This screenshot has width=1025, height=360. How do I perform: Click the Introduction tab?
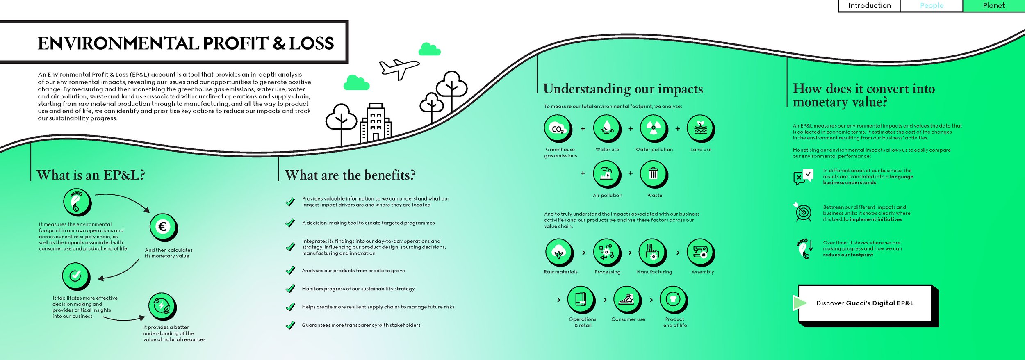pos(869,6)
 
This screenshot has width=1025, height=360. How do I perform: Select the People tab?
pos(932,6)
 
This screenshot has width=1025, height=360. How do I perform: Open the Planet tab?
pos(994,6)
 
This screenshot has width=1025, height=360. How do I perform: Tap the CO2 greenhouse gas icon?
pos(558,128)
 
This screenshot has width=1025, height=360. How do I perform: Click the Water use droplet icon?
pos(607,128)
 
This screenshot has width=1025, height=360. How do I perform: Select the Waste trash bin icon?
pos(654,174)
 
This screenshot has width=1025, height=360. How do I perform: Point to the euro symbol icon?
pos(163,227)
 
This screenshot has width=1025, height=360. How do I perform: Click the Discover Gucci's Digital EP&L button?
pos(865,303)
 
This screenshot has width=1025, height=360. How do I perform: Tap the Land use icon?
pos(700,128)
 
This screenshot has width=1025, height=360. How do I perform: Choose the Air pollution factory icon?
pos(607,174)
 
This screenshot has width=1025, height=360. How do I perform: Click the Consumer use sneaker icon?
pos(627,299)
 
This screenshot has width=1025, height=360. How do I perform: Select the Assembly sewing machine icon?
pos(700,252)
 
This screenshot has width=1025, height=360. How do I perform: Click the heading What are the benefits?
pos(350,175)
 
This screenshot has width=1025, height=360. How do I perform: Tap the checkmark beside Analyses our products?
pos(290,270)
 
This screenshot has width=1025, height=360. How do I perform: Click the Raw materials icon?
pos(559,252)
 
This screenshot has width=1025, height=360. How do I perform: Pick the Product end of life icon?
pos(673,299)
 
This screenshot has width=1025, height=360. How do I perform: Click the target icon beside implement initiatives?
pos(803,212)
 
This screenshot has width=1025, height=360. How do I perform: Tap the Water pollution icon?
pos(654,128)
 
